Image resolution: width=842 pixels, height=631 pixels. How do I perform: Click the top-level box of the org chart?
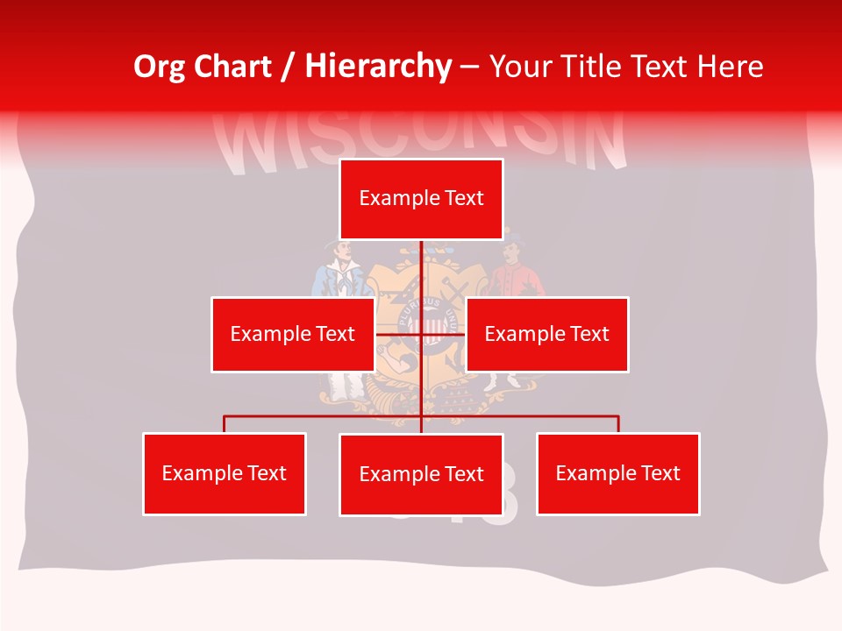(421, 199)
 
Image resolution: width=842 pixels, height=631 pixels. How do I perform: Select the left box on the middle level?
(292, 334)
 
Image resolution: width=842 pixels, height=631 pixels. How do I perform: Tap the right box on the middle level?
(546, 334)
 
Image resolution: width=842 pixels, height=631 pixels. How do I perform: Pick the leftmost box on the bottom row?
(224, 473)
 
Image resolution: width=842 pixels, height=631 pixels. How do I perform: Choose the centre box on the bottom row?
(421, 474)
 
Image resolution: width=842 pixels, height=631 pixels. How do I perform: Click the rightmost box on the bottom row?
(617, 473)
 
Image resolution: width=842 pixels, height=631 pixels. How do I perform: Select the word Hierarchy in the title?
(377, 67)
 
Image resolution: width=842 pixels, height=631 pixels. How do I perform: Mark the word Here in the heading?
(730, 67)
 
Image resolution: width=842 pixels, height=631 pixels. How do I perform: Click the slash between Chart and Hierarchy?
(287, 67)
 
